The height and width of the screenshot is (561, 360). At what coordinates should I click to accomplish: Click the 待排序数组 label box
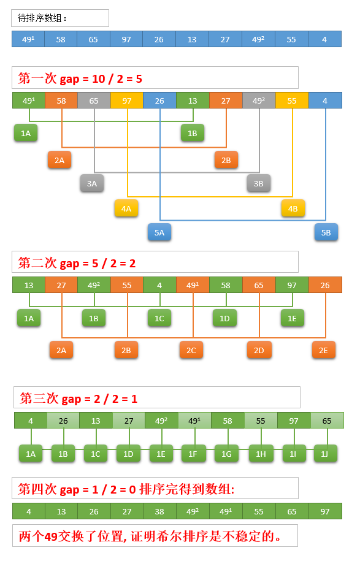(x=60, y=18)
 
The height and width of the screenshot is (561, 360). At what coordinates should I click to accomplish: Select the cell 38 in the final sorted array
(x=159, y=511)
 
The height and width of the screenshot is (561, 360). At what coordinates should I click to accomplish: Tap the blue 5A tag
(x=159, y=232)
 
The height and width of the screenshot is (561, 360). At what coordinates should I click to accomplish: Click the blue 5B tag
(x=326, y=232)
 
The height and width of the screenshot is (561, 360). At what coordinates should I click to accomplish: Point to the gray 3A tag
(x=92, y=183)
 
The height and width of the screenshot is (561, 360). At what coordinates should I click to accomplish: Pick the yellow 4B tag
(x=293, y=208)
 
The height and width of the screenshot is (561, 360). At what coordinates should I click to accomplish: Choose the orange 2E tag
(x=323, y=350)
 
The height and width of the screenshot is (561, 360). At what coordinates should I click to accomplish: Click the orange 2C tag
(x=191, y=350)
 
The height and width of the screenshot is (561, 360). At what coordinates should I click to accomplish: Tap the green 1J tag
(x=325, y=454)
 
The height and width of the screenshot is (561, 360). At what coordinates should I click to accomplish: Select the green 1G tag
(x=226, y=454)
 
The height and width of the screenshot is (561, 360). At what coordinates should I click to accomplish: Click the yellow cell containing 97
(x=127, y=101)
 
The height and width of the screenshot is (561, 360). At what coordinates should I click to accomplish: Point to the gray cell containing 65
(x=94, y=101)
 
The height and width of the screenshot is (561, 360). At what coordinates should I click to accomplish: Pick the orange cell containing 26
(x=325, y=285)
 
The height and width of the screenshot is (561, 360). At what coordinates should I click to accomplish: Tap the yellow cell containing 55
(x=292, y=101)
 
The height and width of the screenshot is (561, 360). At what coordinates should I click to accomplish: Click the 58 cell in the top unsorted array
(x=61, y=39)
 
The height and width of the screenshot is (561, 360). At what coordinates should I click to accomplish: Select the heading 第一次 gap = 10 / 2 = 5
(x=80, y=78)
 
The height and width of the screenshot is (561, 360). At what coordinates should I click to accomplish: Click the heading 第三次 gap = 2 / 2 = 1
(x=79, y=398)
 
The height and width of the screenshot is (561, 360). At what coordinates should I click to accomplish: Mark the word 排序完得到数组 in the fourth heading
(x=186, y=489)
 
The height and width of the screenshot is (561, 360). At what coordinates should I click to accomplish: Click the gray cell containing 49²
(x=259, y=101)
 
